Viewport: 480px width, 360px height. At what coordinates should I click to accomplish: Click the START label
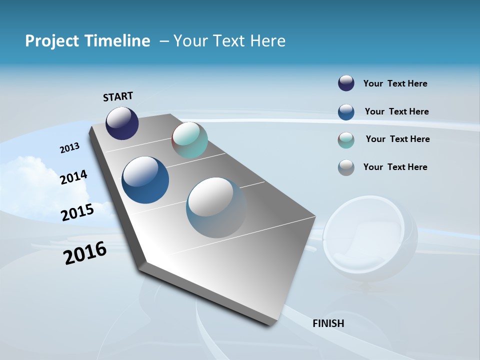point(118,96)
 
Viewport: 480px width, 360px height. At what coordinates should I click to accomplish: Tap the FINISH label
point(328,323)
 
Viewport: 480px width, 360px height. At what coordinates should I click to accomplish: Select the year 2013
point(70,148)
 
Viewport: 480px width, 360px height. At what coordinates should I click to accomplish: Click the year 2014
point(74,177)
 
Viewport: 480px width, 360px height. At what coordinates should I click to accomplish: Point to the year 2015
point(77,212)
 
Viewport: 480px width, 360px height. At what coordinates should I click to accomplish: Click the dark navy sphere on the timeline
point(122,123)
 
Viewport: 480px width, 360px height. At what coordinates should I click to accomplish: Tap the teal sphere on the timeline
point(189,140)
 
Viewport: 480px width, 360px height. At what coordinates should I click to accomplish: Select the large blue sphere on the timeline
point(145,180)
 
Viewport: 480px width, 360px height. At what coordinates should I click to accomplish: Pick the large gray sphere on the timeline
point(216,207)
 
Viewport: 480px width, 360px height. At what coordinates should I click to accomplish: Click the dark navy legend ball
point(346,83)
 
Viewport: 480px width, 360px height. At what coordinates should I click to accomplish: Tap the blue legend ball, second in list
point(346,112)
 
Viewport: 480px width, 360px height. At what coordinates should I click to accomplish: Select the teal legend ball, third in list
point(346,140)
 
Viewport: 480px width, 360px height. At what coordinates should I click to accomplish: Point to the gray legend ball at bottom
point(346,167)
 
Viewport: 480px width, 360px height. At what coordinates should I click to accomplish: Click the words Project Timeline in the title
point(87,41)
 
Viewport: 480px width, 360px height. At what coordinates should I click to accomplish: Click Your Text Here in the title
point(229,41)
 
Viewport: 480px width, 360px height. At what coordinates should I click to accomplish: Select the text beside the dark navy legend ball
point(395,84)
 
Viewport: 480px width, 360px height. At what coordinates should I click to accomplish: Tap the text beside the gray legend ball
point(395,167)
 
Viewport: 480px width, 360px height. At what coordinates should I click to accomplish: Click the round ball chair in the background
point(370,240)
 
